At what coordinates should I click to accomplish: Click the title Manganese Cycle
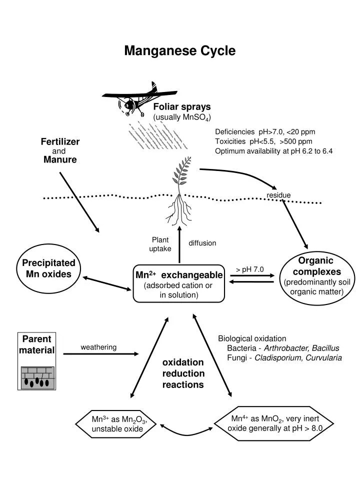tap(179, 51)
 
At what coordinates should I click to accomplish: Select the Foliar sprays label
tap(182, 106)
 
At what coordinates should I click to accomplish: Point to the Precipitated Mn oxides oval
tap(48, 268)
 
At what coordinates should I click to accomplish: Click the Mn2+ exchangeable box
tap(179, 283)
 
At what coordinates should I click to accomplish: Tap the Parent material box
tap(37, 345)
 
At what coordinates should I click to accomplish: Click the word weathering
tap(98, 347)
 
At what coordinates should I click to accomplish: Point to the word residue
tap(278, 195)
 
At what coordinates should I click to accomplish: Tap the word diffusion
tap(202, 243)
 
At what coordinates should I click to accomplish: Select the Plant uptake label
tap(160, 244)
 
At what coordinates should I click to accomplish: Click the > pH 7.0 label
tap(250, 269)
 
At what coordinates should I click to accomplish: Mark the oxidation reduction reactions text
tap(183, 373)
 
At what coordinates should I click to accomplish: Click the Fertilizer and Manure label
tap(60, 151)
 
